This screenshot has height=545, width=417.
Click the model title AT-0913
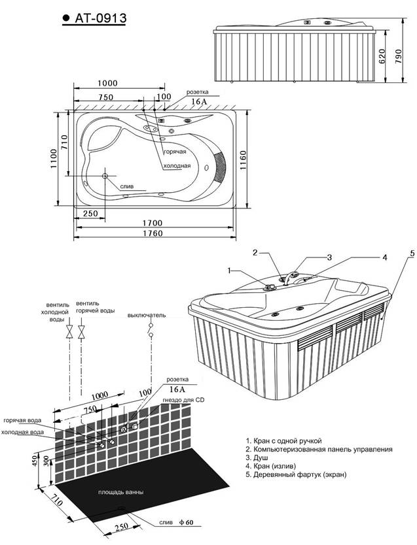coord(101,18)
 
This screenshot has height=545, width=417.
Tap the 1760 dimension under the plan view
coord(153,233)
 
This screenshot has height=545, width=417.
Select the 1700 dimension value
coord(153,223)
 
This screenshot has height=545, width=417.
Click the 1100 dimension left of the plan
coord(53,159)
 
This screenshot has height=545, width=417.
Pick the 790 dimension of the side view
coord(398,56)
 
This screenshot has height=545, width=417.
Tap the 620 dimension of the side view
coord(382,56)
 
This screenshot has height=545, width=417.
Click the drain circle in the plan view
coord(105,176)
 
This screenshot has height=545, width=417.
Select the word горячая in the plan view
coord(175,152)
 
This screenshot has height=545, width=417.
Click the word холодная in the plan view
coord(177,166)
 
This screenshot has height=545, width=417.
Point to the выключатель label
coord(147,315)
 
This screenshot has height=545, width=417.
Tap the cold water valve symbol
coord(70,332)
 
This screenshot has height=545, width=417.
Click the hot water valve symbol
coord(82,332)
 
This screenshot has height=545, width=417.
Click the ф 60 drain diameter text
coord(186,522)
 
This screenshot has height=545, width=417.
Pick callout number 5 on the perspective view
coord(412,254)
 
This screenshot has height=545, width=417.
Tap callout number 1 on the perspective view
coord(229,270)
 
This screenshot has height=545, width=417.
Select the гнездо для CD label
coord(183,400)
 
